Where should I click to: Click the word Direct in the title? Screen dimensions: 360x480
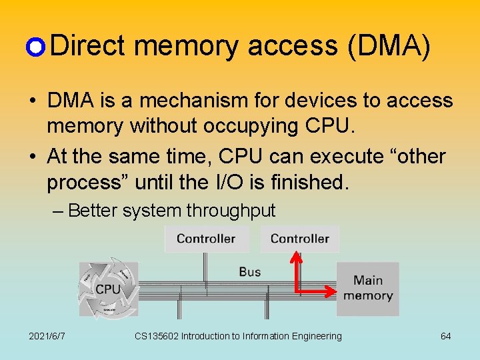point(87,46)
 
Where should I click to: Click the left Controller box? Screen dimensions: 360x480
point(207,239)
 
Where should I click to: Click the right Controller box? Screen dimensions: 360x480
point(300,239)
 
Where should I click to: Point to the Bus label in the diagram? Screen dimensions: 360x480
point(250,271)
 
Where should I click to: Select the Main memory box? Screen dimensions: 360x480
point(368,289)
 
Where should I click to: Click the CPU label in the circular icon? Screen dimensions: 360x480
point(108,289)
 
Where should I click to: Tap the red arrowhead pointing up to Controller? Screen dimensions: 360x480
point(297,257)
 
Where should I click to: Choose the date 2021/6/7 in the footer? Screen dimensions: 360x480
point(47,336)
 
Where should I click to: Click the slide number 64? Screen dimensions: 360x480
point(445,336)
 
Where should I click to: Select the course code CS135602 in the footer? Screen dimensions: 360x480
point(157,336)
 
